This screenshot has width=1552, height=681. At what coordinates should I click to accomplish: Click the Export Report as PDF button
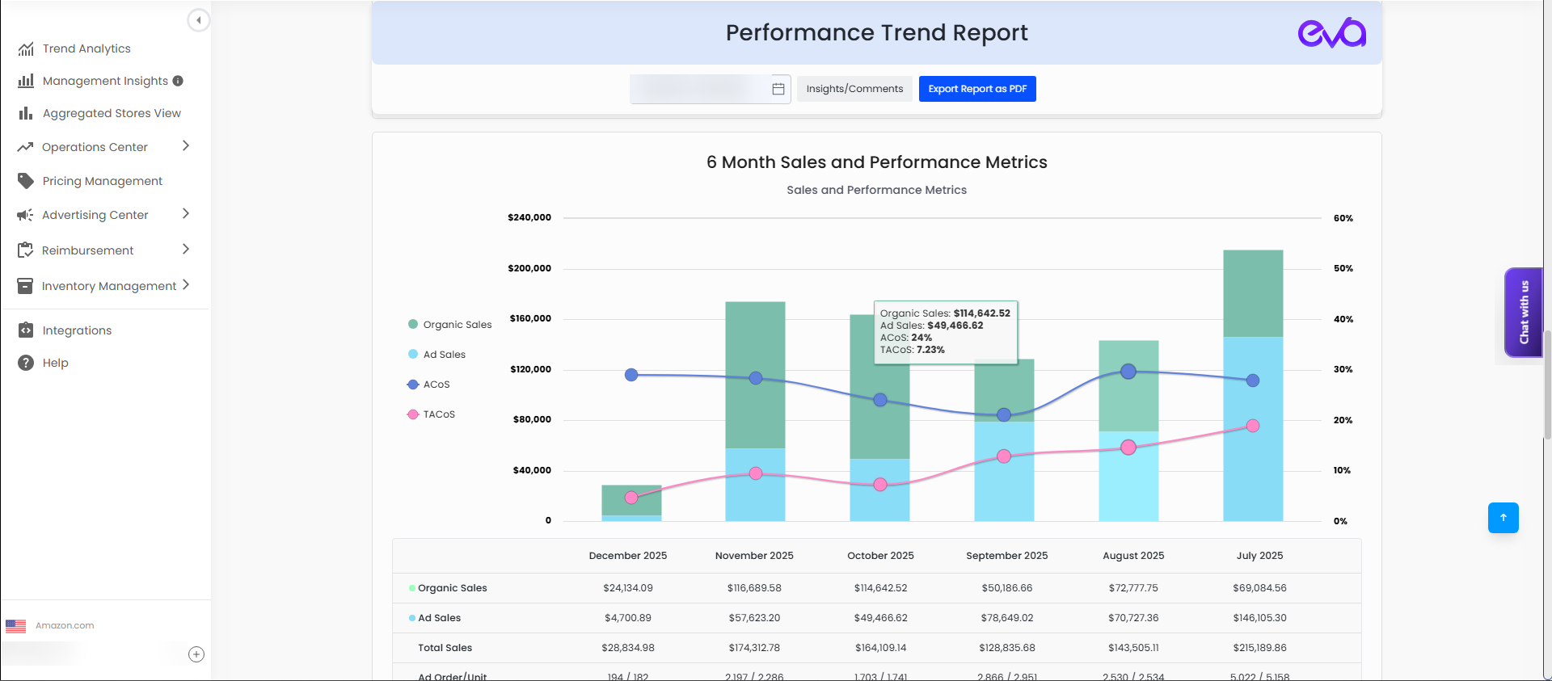[x=976, y=89]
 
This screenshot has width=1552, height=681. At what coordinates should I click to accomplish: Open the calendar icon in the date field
[x=778, y=89]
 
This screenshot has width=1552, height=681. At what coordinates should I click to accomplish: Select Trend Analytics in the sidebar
[x=86, y=48]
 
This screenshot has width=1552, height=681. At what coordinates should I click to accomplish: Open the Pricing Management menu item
[x=102, y=181]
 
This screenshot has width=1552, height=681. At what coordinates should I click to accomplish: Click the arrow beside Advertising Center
[x=186, y=214]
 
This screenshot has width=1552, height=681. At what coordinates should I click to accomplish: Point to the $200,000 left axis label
[x=529, y=268]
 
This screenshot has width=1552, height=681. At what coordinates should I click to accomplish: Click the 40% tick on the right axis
[x=1343, y=319]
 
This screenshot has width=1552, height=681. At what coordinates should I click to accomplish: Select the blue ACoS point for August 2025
[x=1128, y=372]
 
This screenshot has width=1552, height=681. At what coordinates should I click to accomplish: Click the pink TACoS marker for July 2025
[x=1252, y=426]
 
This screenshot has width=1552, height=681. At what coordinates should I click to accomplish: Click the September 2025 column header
[x=1006, y=556]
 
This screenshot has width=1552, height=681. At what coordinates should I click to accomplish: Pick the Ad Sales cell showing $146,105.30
[x=1259, y=618]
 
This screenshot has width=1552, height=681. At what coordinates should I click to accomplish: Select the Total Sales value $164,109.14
[x=880, y=648]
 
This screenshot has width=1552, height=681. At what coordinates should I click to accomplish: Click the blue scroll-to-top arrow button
[x=1503, y=518]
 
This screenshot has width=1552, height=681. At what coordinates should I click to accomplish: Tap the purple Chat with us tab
[x=1523, y=313]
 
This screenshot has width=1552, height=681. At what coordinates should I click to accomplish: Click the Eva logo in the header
[x=1331, y=33]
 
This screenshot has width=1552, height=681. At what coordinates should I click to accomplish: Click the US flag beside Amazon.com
[x=15, y=626]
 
